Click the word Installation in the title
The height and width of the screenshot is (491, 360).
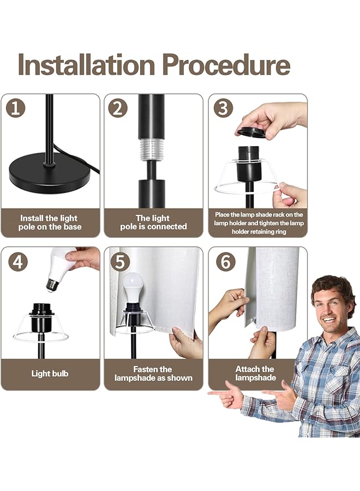(87, 64)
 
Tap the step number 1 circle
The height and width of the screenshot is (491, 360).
(15, 108)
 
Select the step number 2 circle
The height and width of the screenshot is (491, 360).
(118, 108)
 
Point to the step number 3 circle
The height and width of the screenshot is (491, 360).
(223, 108)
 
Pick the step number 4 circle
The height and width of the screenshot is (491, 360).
(18, 261)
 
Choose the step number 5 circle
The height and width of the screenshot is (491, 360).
(120, 261)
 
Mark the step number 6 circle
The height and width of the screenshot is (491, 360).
(226, 261)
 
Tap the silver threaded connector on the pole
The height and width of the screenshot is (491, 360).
(152, 149)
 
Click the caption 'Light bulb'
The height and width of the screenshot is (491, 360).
(50, 373)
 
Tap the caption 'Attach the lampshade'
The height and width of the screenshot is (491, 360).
(255, 373)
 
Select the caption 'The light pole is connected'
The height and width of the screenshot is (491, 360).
(153, 222)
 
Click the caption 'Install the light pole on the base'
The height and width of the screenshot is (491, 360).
(50, 223)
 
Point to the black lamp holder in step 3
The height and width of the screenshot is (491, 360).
(249, 164)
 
